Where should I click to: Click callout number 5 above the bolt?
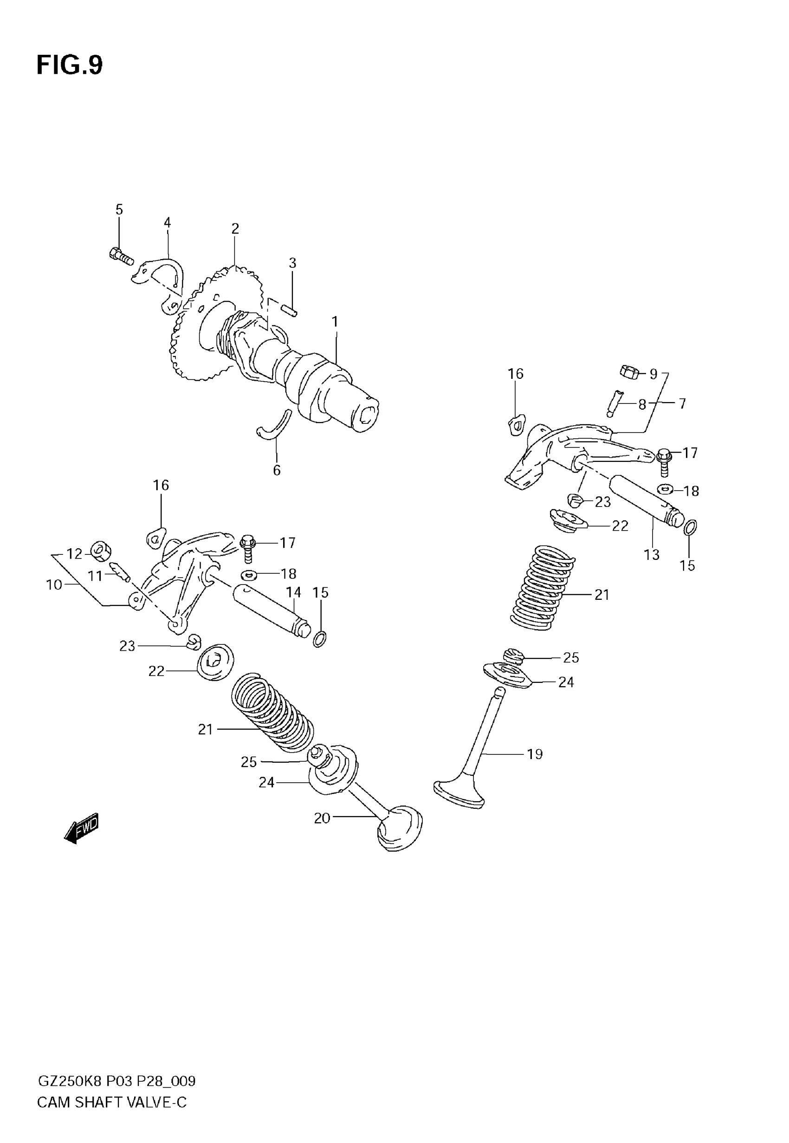click(x=119, y=210)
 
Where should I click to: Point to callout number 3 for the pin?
click(x=293, y=263)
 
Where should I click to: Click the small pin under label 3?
click(x=289, y=311)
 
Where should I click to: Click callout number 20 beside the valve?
click(x=322, y=818)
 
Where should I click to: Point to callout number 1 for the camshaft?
click(x=335, y=322)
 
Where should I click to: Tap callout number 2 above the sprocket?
click(x=235, y=228)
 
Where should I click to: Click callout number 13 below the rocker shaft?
click(x=652, y=555)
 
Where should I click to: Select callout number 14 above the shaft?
click(x=293, y=592)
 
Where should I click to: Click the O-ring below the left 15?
click(x=319, y=639)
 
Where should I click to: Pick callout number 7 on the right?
click(x=682, y=404)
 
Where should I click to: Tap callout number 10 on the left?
click(x=54, y=585)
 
